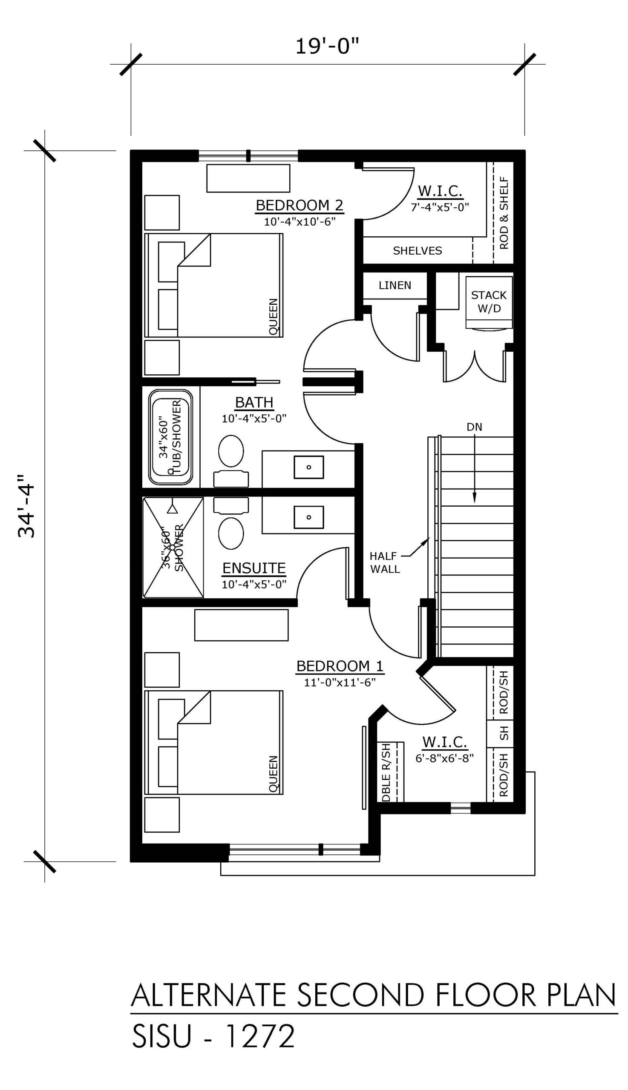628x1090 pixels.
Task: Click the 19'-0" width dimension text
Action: click(x=327, y=46)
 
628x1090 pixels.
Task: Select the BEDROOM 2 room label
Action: click(x=300, y=205)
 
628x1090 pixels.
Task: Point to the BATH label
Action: click(x=254, y=402)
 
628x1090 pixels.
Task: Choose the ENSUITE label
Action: click(x=254, y=568)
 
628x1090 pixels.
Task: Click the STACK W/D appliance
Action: click(x=489, y=302)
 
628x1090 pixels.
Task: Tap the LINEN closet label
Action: click(x=395, y=285)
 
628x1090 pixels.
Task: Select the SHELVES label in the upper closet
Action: click(x=418, y=250)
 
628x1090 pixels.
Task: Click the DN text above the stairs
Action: click(x=475, y=427)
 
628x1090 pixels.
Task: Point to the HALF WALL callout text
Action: click(x=385, y=562)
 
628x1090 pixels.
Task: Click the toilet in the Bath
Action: click(x=231, y=461)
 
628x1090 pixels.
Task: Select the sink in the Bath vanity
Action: click(x=309, y=467)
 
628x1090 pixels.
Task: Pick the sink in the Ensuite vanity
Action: click(x=309, y=517)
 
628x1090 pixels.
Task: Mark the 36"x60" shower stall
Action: click(x=173, y=548)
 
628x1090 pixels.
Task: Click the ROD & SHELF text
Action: click(x=503, y=212)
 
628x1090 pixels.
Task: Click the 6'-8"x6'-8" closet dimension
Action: click(x=445, y=758)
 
